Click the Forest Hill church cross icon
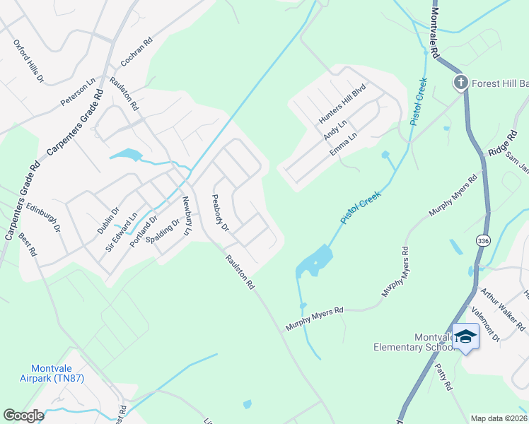pos(460,83)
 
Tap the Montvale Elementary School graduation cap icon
pos(465,336)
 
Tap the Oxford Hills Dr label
pos(29,61)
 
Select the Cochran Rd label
pos(136,53)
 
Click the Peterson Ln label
pos(78,93)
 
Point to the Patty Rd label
pos(443,377)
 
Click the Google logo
pos(23,416)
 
